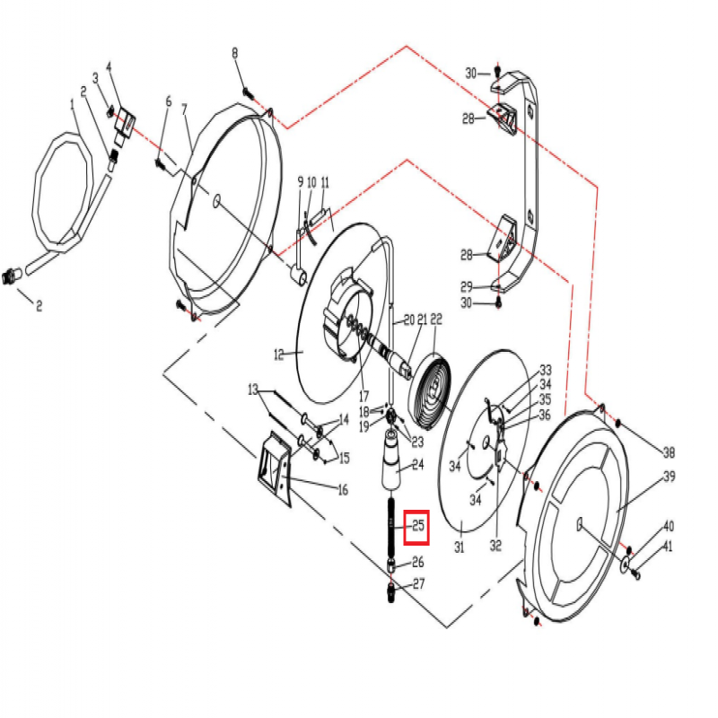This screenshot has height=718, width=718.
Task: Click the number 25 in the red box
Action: [x=417, y=526]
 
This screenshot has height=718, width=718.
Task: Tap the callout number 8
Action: [x=235, y=54]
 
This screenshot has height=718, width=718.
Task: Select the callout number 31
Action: [x=459, y=547]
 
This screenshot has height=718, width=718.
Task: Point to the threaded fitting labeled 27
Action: [x=392, y=592]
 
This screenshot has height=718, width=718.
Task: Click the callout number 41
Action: [x=668, y=547]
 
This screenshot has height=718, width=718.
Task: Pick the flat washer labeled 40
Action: [x=625, y=564]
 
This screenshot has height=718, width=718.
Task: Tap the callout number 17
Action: [x=364, y=396]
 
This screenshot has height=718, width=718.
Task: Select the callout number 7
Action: [x=185, y=109]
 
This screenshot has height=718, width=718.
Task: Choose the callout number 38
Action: [x=668, y=451]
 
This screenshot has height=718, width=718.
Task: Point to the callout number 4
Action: [x=109, y=67]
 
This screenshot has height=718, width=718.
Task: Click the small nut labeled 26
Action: [x=392, y=565]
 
